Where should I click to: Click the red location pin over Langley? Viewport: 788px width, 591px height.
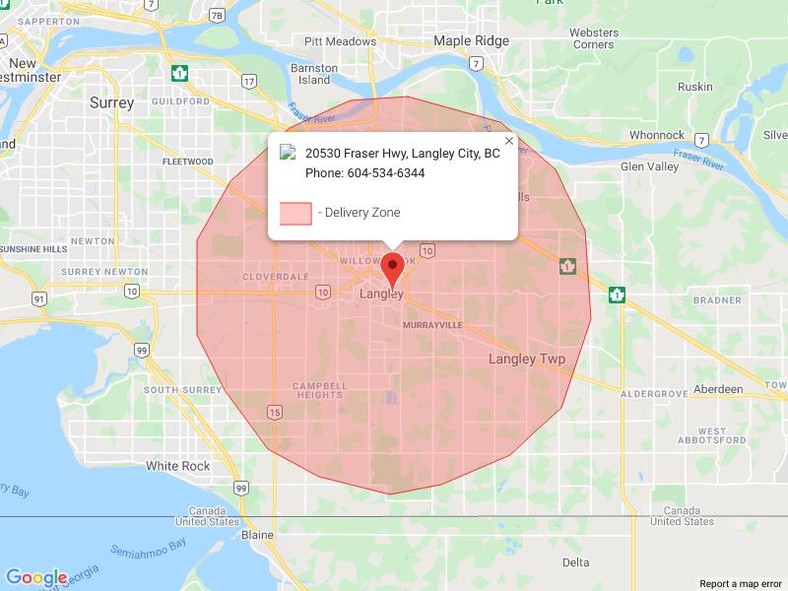(393, 267)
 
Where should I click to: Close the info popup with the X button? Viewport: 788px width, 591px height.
(509, 141)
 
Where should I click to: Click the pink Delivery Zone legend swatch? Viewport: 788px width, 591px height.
(295, 213)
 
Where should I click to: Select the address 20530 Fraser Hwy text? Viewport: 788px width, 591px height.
(402, 154)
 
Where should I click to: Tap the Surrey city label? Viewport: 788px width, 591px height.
(111, 102)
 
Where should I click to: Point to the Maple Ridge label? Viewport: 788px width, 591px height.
(472, 41)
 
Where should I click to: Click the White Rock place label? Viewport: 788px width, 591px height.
(178, 466)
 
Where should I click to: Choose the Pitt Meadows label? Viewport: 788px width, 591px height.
(341, 41)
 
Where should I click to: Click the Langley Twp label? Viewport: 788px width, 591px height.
(527, 360)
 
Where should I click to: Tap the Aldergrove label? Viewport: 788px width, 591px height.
(654, 394)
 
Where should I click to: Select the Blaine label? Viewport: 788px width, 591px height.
(258, 534)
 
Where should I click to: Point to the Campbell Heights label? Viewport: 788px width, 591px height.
(319, 390)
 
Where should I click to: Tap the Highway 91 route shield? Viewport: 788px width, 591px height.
(38, 298)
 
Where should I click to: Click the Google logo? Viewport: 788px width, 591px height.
(36, 578)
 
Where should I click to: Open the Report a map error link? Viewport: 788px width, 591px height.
(741, 584)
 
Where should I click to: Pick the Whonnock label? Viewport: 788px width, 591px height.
(657, 135)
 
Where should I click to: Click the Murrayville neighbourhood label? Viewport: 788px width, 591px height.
(432, 324)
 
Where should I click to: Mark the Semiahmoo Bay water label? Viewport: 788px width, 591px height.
(149, 551)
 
